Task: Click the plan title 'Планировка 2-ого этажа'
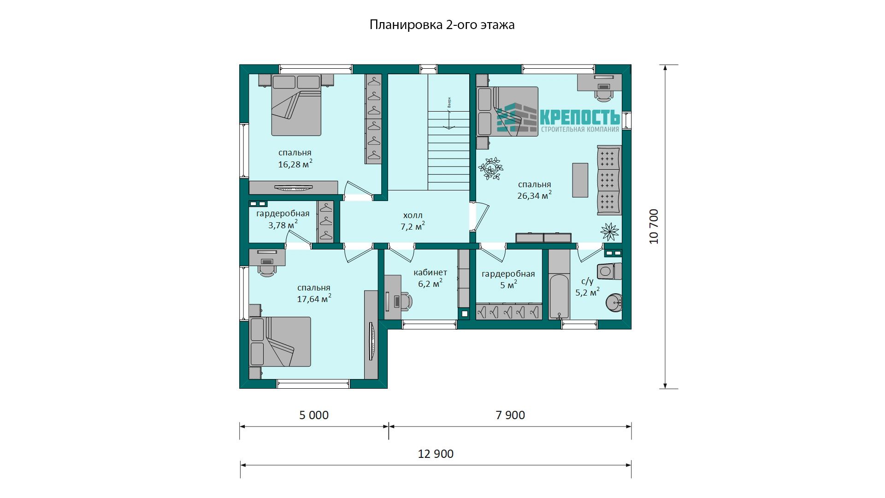click(442, 25)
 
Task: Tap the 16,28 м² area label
click(295, 164)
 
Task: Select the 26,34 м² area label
click(534, 195)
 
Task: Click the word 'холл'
click(413, 215)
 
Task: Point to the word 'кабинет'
click(430, 273)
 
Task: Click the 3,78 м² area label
click(283, 225)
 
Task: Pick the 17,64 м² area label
click(314, 298)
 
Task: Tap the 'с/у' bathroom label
click(587, 281)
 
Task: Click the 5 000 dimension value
click(314, 415)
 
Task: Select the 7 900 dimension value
click(510, 415)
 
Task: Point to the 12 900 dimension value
click(436, 454)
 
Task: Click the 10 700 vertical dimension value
click(654, 226)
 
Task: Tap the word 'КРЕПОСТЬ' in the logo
click(579, 116)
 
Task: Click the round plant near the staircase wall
click(490, 168)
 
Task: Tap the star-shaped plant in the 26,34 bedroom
click(609, 231)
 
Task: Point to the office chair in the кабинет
click(405, 301)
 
